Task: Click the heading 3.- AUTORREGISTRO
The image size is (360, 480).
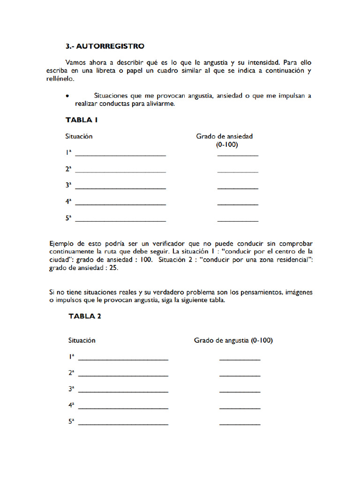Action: click(x=105, y=46)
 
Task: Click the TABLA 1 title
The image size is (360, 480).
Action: click(x=82, y=120)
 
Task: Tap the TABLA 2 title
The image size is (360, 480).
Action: click(x=85, y=316)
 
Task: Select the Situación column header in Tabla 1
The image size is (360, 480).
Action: click(x=79, y=136)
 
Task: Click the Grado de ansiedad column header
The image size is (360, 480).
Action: click(x=224, y=136)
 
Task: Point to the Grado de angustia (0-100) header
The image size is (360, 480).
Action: click(x=233, y=340)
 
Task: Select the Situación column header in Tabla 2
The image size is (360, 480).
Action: click(x=82, y=340)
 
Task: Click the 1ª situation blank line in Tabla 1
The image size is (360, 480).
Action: click(x=120, y=155)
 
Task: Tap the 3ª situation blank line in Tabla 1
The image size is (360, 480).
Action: click(x=120, y=188)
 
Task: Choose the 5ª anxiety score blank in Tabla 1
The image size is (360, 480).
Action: click(x=238, y=220)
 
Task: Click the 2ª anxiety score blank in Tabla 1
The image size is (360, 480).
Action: click(x=238, y=172)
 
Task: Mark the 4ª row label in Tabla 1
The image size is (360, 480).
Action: click(x=68, y=202)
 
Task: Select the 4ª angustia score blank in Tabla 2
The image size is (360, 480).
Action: click(x=240, y=408)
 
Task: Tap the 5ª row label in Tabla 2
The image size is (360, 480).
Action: click(x=71, y=421)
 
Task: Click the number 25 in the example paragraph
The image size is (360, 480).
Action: click(x=113, y=269)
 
